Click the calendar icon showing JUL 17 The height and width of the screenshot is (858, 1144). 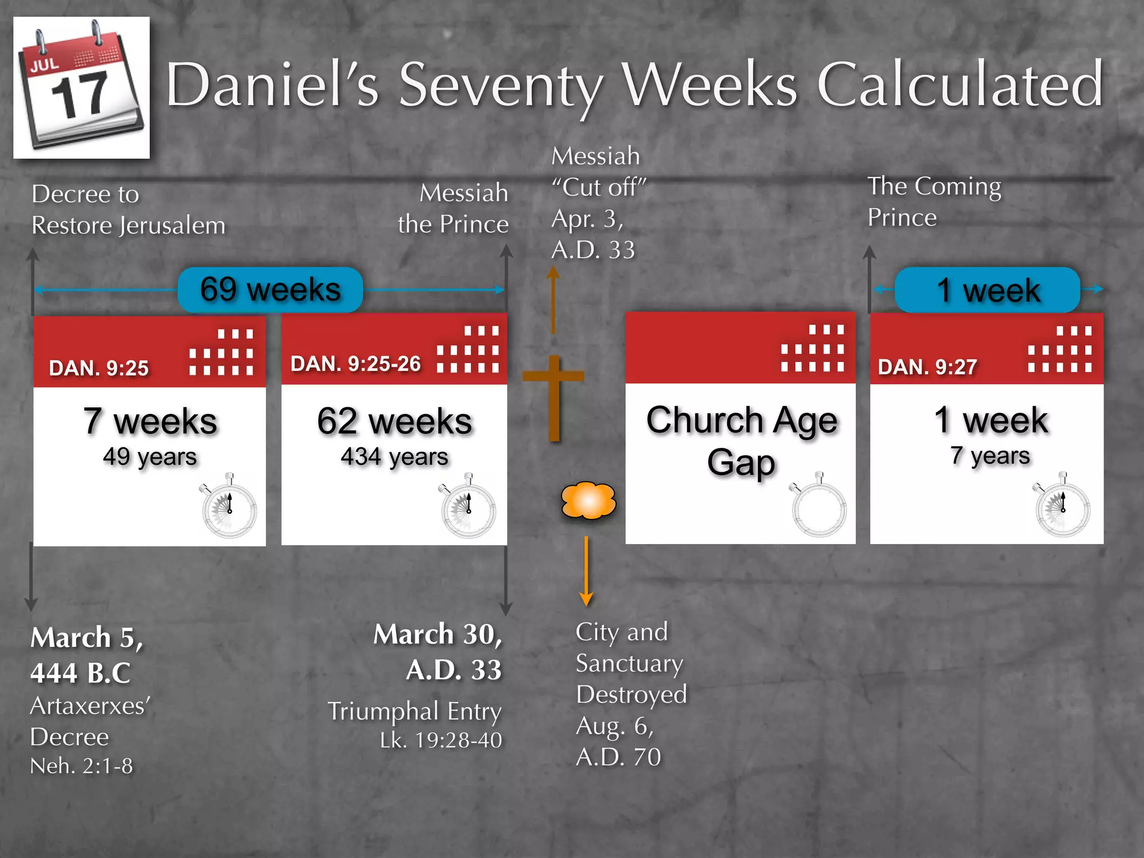coord(82,88)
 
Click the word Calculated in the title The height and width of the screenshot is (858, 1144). coord(960,85)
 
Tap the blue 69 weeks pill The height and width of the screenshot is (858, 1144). coord(270,289)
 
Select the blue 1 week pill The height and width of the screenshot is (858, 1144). coord(987,290)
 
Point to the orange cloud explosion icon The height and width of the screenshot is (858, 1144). coord(588,500)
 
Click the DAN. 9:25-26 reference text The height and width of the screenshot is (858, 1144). coord(355,364)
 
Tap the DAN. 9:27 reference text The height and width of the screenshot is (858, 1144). coord(927,367)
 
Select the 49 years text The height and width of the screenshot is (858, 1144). coord(150,457)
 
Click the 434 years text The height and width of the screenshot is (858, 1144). coord(394,457)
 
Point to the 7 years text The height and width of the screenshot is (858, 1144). coord(990,456)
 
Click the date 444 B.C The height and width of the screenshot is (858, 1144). coord(80,673)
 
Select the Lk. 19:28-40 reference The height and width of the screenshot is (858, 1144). coord(441,740)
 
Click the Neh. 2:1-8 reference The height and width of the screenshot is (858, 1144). coord(82,766)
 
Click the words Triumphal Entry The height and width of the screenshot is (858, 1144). coord(414,711)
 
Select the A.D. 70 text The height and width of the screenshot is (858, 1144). coord(618,757)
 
